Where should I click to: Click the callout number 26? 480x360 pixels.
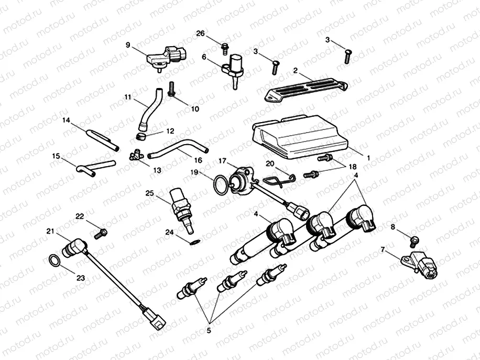click(200, 34)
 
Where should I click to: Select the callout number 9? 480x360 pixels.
click(128, 45)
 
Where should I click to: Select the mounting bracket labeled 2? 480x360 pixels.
click(304, 86)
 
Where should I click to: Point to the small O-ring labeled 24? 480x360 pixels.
click(194, 242)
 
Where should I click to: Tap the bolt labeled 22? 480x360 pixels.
click(101, 231)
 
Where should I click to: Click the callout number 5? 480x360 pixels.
click(208, 331)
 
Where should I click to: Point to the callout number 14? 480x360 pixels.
click(66, 120)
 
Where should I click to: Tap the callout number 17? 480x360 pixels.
click(222, 160)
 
